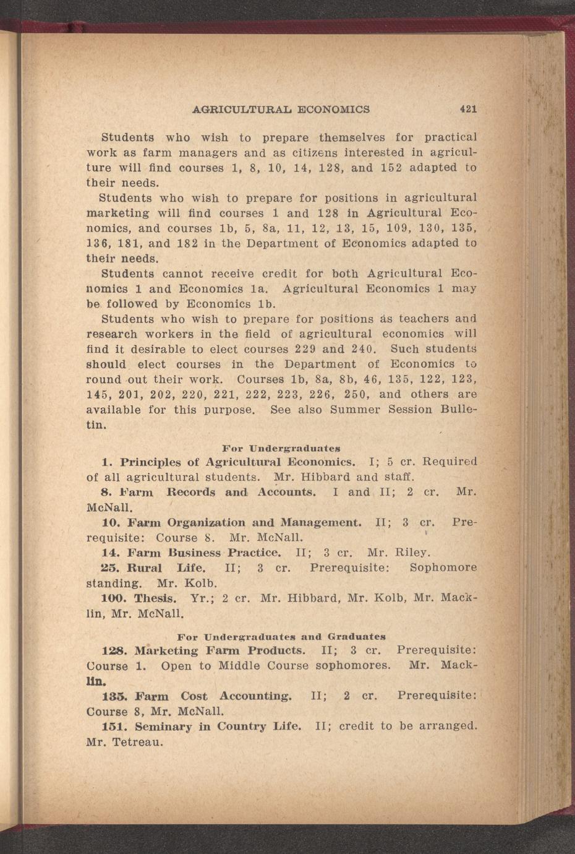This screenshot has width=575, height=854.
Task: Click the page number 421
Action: [x=468, y=110]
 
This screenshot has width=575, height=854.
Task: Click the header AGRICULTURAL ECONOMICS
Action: [x=281, y=110]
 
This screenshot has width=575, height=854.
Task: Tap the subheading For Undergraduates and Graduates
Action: [x=281, y=636]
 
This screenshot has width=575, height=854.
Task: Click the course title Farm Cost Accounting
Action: [x=213, y=696]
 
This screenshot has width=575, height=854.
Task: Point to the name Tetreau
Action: [x=137, y=741]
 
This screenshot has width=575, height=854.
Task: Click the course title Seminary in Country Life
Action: [x=218, y=727]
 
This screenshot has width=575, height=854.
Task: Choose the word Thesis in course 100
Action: [x=155, y=598]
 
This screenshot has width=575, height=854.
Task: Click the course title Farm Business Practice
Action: [x=204, y=553]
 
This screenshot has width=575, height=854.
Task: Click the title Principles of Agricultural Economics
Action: [x=238, y=462]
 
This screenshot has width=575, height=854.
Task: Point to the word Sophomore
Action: [x=443, y=567]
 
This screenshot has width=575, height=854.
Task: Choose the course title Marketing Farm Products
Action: [x=220, y=651]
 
